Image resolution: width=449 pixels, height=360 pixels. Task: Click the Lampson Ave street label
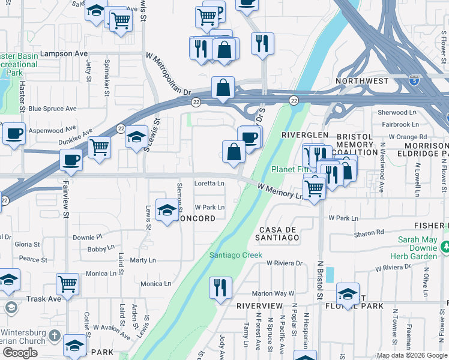(x=64, y=53)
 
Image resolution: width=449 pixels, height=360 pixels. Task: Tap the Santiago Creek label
(x=236, y=255)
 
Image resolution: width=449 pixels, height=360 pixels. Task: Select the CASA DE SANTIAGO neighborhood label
(x=279, y=233)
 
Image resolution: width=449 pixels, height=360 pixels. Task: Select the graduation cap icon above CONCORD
(x=167, y=209)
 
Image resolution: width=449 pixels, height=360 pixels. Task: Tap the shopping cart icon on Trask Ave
(x=67, y=284)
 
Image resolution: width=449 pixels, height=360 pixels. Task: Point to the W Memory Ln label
(x=280, y=191)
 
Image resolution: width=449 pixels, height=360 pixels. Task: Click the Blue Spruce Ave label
(x=52, y=109)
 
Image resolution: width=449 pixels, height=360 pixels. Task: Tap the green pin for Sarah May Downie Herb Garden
(x=445, y=246)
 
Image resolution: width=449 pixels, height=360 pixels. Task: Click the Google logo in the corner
(x=19, y=353)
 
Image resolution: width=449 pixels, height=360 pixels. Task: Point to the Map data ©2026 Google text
(x=412, y=355)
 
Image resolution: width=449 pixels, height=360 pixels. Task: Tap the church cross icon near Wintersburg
(x=55, y=335)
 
